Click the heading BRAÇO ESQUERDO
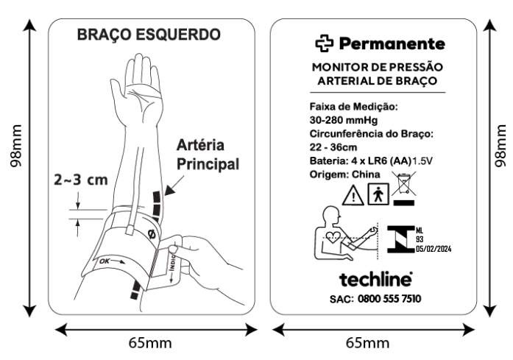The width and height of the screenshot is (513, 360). coord(149,35)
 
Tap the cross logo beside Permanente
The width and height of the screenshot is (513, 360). coord(325,43)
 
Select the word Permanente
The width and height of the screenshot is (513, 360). coord(392,43)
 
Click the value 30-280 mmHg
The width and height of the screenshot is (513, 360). coord(344,120)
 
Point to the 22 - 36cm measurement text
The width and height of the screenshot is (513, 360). coord(333,147)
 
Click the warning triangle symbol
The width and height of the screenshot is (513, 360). coord(353,195)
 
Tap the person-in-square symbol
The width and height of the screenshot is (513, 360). coord(378,194)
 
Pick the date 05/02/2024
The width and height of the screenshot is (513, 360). coord(434,249)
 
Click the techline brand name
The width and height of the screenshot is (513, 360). coord(375,279)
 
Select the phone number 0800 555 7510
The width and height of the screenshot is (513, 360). coord(389,299)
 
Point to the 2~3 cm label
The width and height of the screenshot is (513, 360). coord(80,180)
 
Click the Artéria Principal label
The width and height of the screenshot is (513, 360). coord(208,155)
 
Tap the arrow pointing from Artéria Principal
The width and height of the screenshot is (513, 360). coord(174,186)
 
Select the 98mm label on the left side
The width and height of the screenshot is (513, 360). coord(15,146)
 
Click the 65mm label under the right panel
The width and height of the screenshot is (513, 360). coord(368,343)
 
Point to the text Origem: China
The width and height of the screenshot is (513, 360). coord(345,174)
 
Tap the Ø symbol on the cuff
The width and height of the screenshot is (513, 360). coord(152,234)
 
